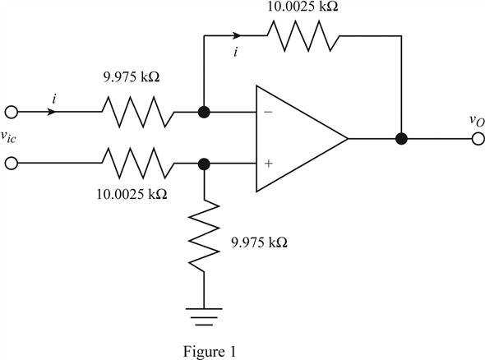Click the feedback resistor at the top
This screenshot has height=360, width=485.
click(303, 35)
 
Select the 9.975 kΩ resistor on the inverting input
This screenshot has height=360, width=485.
click(138, 112)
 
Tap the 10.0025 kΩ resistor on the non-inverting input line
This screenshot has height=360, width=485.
click(138, 163)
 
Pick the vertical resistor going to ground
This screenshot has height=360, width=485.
click(204, 236)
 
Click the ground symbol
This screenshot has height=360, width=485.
click(204, 316)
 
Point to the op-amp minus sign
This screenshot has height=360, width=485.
click(268, 112)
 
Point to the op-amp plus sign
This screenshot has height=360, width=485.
click(269, 163)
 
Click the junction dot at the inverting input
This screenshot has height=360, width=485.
click(204, 112)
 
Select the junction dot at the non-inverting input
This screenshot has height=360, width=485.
click(204, 164)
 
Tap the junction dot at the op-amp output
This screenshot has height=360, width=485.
click(401, 139)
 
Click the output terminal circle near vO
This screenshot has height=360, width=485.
click(478, 139)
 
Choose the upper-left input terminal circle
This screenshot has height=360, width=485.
click(12, 112)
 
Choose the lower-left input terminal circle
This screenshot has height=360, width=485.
click(12, 163)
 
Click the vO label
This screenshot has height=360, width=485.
click(476, 121)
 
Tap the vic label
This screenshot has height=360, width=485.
click(8, 137)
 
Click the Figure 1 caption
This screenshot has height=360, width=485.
click(210, 351)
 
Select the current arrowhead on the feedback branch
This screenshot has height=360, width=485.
click(237, 35)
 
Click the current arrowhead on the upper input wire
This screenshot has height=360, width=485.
click(51, 112)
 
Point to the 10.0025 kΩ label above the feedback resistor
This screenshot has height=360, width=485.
click(303, 7)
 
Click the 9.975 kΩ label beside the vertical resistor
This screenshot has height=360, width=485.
click(260, 242)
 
